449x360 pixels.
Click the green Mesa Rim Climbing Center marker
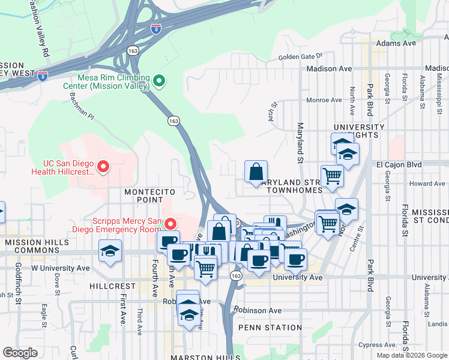(x=159, y=80)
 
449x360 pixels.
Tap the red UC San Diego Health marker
(x=103, y=166)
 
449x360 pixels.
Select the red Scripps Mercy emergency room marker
(x=171, y=224)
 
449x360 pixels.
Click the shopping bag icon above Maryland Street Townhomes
(x=256, y=172)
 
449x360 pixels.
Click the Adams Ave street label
(x=396, y=44)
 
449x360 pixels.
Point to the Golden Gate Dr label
(x=300, y=58)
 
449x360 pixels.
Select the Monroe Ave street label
(x=324, y=100)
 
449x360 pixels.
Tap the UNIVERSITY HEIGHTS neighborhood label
(x=359, y=131)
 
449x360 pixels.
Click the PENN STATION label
(x=270, y=328)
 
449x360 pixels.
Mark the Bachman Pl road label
(x=82, y=104)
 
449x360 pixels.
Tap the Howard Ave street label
(x=427, y=184)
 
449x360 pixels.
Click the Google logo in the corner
(x=20, y=353)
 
